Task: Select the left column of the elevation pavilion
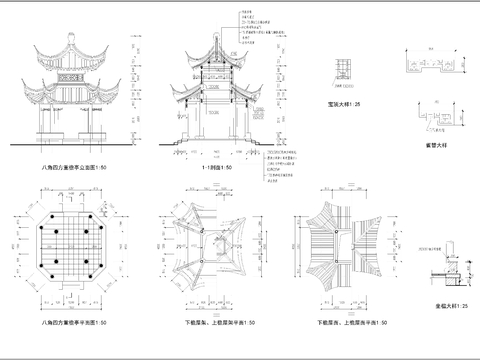(42, 126)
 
